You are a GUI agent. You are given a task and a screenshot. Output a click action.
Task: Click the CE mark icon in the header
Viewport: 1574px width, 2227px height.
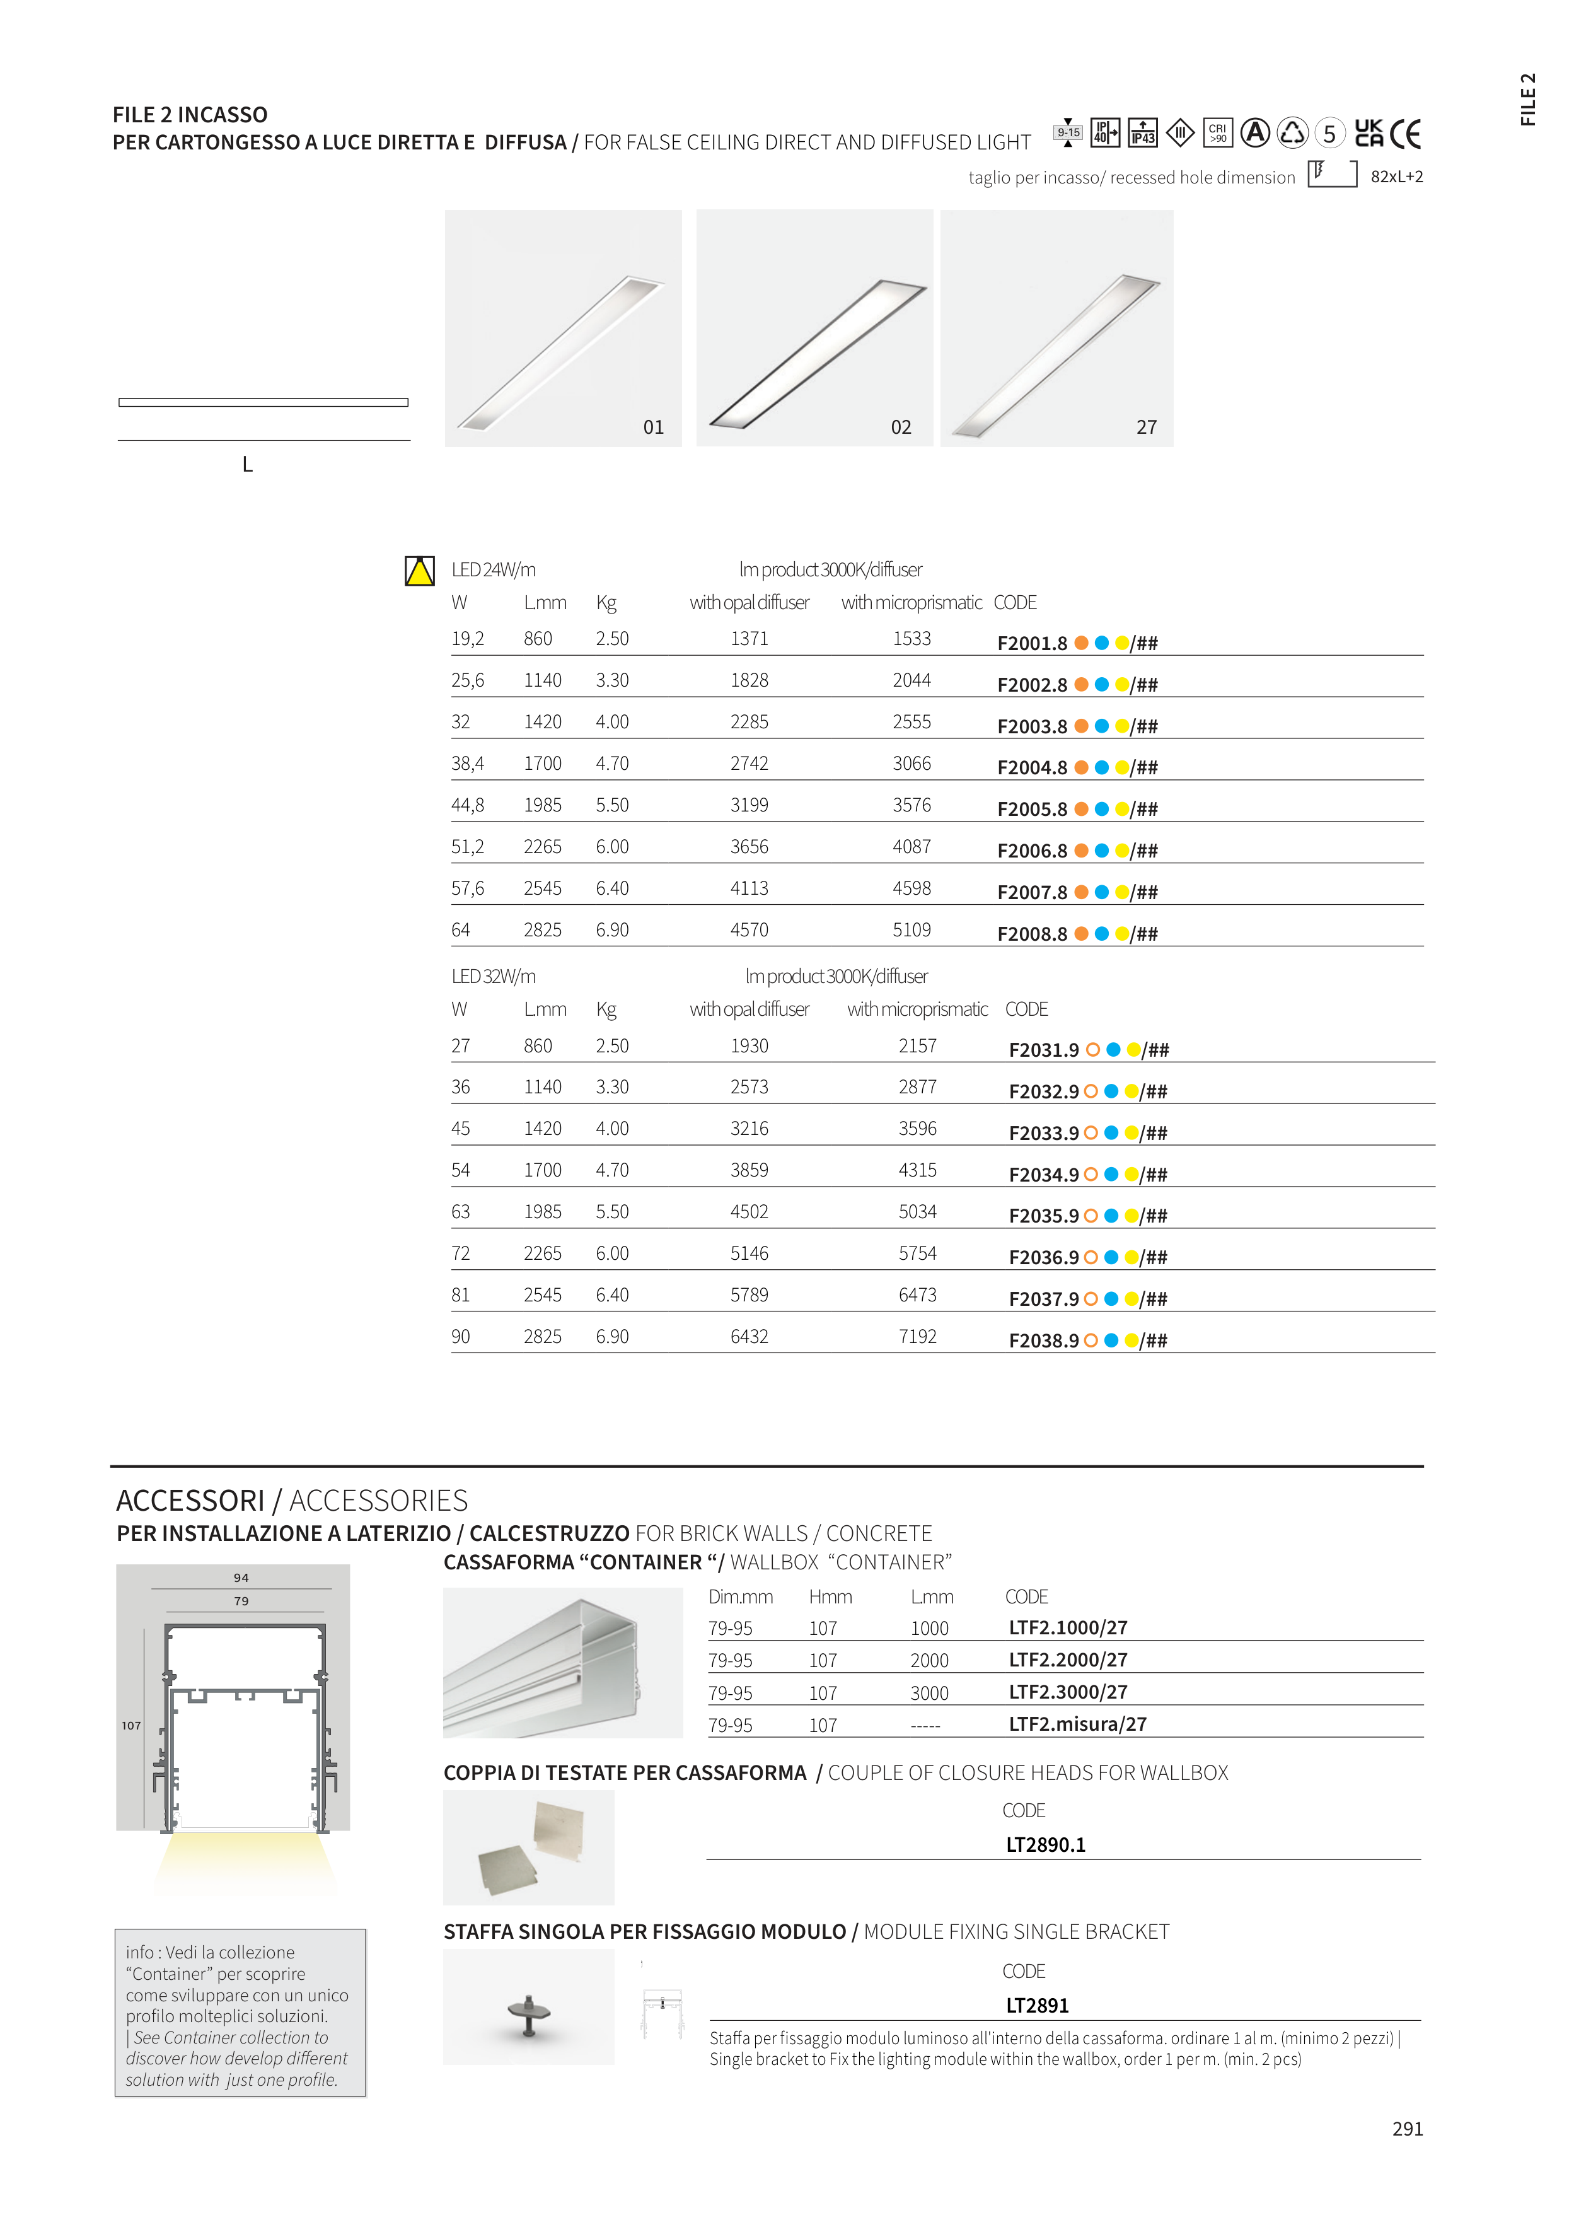1404,134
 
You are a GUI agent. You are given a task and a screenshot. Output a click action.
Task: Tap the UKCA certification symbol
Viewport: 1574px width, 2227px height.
1369,133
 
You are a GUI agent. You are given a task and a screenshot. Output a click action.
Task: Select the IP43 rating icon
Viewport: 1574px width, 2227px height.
1142,133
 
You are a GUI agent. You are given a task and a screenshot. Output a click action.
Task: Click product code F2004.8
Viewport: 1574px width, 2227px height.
1032,768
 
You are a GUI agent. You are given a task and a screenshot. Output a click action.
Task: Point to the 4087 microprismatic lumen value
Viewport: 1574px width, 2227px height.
911,847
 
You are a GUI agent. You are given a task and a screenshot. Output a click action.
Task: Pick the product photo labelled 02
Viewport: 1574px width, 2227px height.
814,328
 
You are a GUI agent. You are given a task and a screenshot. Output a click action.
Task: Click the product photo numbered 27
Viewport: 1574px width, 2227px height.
1056,328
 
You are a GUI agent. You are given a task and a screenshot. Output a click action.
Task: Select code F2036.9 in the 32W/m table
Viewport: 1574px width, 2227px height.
1043,1258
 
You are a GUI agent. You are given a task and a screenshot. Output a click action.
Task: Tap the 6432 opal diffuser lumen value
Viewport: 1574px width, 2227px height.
749,1337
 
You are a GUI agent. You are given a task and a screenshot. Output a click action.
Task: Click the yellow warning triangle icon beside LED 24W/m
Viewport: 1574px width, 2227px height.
420,571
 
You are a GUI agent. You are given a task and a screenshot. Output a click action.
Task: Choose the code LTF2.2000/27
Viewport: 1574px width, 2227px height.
1068,1660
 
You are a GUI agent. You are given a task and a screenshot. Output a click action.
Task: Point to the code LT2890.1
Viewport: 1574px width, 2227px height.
1046,1845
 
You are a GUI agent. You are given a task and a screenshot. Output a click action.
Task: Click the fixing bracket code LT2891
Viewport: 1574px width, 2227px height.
1037,2006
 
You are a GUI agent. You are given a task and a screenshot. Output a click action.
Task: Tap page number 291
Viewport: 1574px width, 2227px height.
1407,2129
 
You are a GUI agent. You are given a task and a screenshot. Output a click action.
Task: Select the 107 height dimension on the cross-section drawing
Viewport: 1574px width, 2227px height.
131,1726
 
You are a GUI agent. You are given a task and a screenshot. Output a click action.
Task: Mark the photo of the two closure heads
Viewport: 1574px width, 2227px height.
528,1847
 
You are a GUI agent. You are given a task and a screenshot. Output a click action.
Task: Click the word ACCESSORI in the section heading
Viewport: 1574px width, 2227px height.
190,1501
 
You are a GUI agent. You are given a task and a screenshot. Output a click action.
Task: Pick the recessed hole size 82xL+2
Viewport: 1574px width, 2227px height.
1396,177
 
